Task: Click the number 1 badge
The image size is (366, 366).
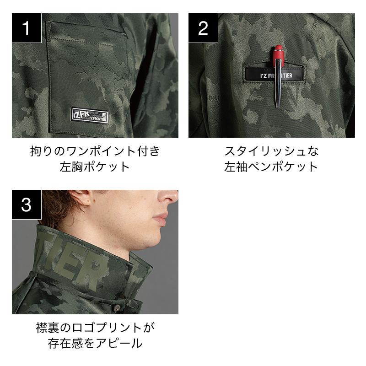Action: pos(27,28)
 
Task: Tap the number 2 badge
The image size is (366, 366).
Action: pos(203,28)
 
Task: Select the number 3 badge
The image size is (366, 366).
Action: pos(27,205)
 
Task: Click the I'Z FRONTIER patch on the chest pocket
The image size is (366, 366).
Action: pos(89,115)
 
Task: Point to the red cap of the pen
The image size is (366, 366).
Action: pos(279,54)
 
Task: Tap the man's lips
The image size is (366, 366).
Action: pos(161,219)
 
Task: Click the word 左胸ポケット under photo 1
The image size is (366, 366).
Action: pos(95,167)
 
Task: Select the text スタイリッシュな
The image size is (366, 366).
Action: pos(271,151)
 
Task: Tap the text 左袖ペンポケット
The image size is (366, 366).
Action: pos(271,167)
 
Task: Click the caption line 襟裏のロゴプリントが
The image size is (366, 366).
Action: pos(95,328)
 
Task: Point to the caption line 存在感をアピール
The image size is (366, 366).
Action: pos(95,344)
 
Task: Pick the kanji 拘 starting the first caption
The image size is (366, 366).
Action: pos(36,151)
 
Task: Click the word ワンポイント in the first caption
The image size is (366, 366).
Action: pos(102,151)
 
